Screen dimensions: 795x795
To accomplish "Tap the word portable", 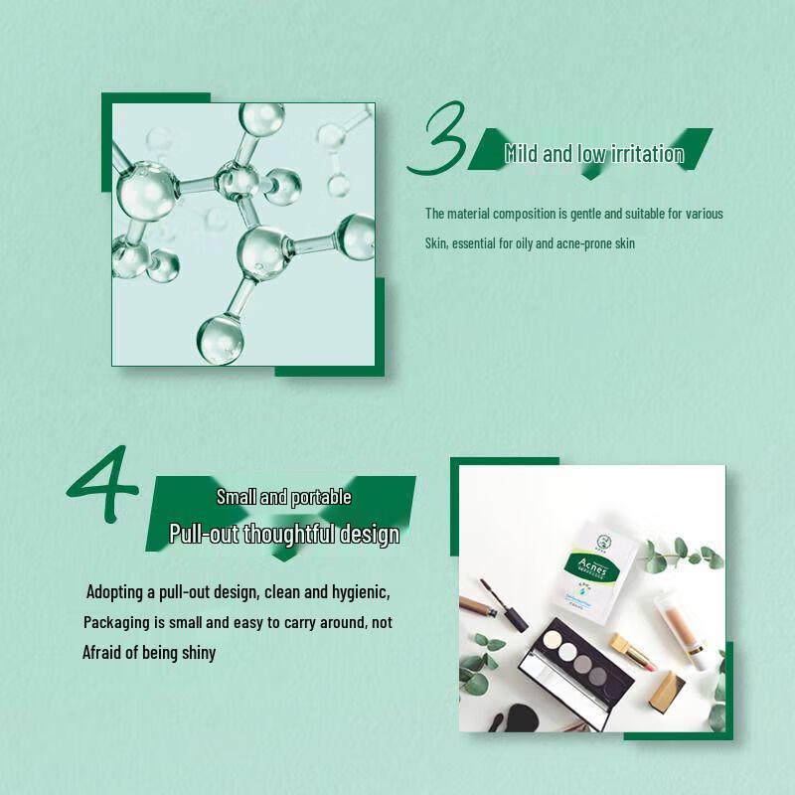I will coord(321,497).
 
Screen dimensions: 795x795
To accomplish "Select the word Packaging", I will coord(118,622).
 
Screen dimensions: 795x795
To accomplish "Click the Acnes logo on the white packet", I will coord(594,566).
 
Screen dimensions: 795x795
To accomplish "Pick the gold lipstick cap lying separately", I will coord(666,692).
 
